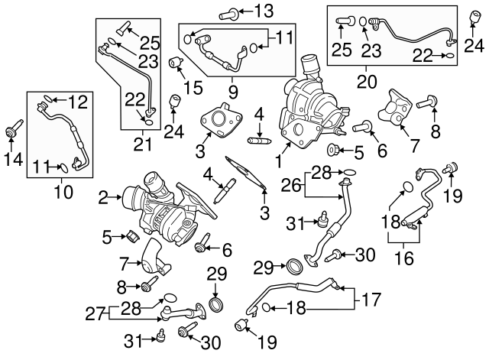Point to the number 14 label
coord(11,159)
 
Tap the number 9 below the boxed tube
coord(233,92)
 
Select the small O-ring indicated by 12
coord(47,98)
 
